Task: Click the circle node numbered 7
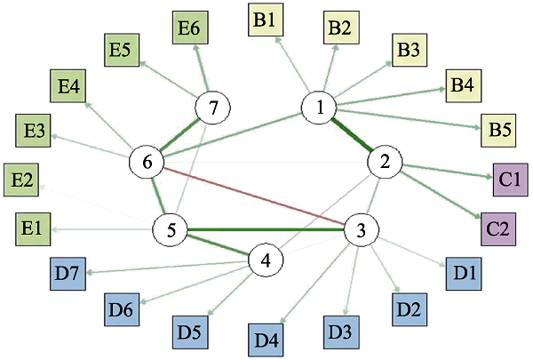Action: [x=213, y=108]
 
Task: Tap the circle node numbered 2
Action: [x=386, y=163]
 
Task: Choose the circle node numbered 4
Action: [x=265, y=261]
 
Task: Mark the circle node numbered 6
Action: [x=147, y=163]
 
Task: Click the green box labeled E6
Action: [x=188, y=28]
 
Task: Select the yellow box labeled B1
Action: [x=265, y=19]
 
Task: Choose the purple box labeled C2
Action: [x=498, y=228]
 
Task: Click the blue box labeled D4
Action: [x=266, y=339]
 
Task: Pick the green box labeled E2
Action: [x=21, y=179]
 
